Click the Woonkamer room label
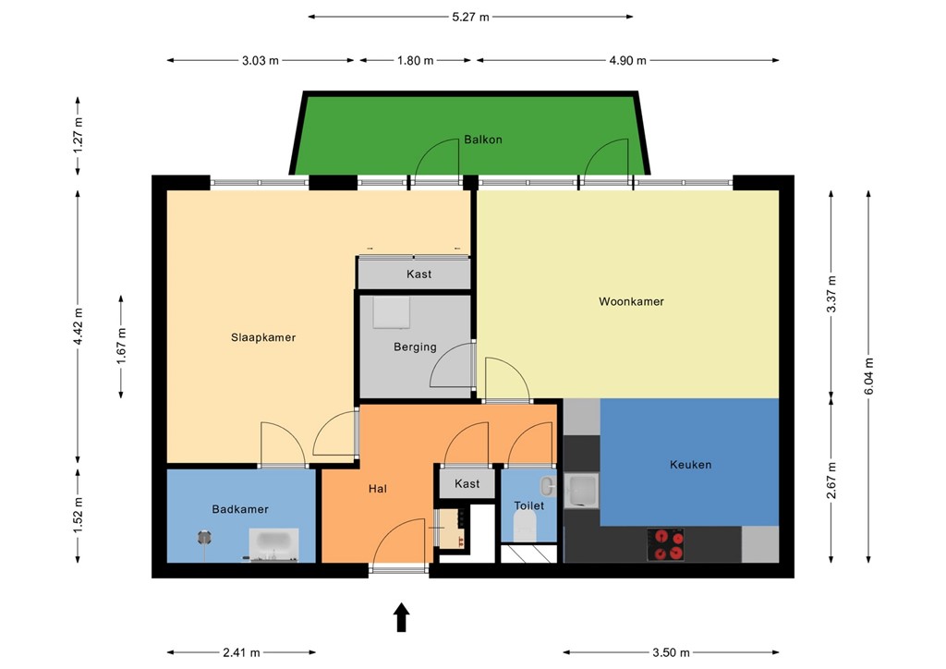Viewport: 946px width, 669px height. tap(631, 301)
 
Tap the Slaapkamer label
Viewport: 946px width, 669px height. tap(263, 337)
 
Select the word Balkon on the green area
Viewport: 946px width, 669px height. tap(483, 140)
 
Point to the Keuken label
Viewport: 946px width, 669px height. tap(690, 465)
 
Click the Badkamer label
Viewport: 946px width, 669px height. tap(240, 509)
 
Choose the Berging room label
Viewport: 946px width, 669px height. tap(415, 347)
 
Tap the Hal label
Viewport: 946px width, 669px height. tap(377, 489)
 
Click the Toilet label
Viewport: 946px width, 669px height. tap(529, 505)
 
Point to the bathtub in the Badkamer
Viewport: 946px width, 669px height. tap(273, 544)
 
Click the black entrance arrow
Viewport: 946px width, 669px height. tap(402, 616)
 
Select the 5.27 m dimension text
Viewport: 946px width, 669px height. tap(470, 17)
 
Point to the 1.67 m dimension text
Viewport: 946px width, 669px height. tap(122, 347)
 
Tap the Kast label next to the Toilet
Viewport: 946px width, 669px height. tap(467, 483)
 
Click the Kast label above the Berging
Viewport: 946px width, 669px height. tap(418, 274)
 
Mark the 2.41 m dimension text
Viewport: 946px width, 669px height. tap(241, 652)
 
